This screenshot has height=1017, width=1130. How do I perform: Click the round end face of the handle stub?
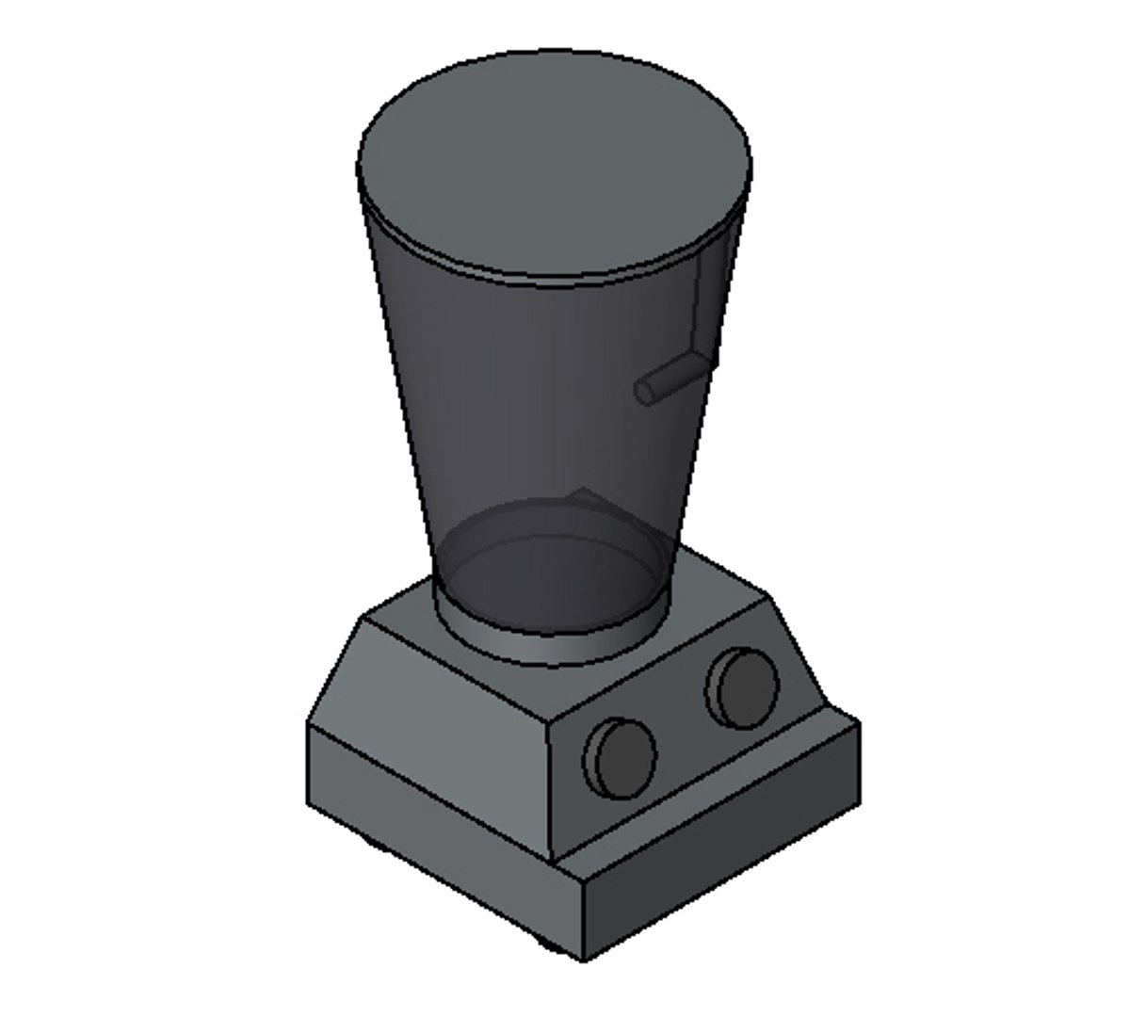point(645,391)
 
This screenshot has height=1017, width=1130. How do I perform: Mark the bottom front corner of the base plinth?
point(584,959)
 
